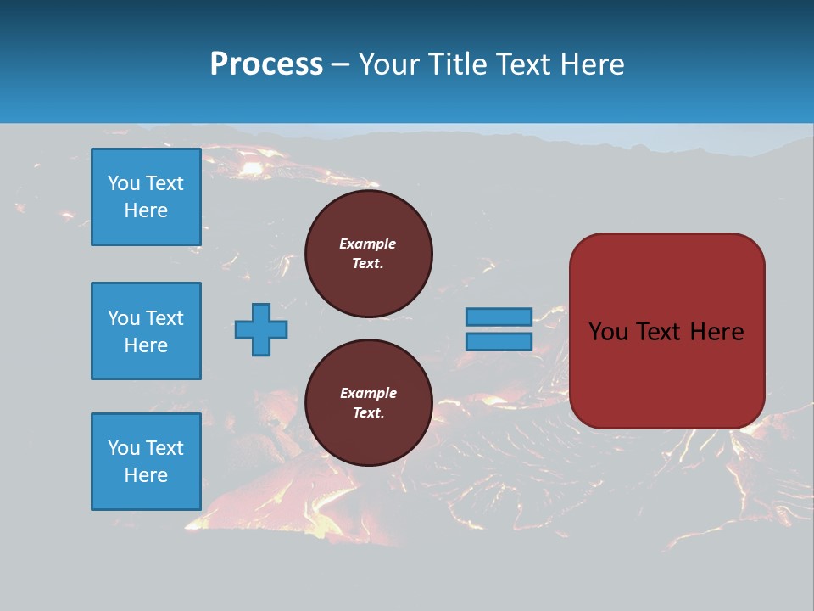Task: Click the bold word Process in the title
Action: coord(266,64)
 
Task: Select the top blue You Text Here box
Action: coord(146,197)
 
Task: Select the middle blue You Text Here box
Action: coord(146,331)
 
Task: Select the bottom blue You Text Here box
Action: coord(146,461)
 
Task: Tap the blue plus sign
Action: coord(261,329)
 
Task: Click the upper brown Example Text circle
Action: coord(368,254)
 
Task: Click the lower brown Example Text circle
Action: coord(368,403)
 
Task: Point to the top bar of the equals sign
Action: coord(499,317)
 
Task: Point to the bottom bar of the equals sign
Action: coord(499,341)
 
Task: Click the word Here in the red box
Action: coord(716,332)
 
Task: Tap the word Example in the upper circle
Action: coord(368,244)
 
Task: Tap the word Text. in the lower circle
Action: coord(368,413)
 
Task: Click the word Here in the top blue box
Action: coord(146,210)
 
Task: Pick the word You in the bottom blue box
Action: coord(123,447)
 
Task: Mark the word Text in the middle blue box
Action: coord(164,318)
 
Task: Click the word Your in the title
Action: coord(390,64)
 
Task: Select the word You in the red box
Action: coord(608,332)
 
